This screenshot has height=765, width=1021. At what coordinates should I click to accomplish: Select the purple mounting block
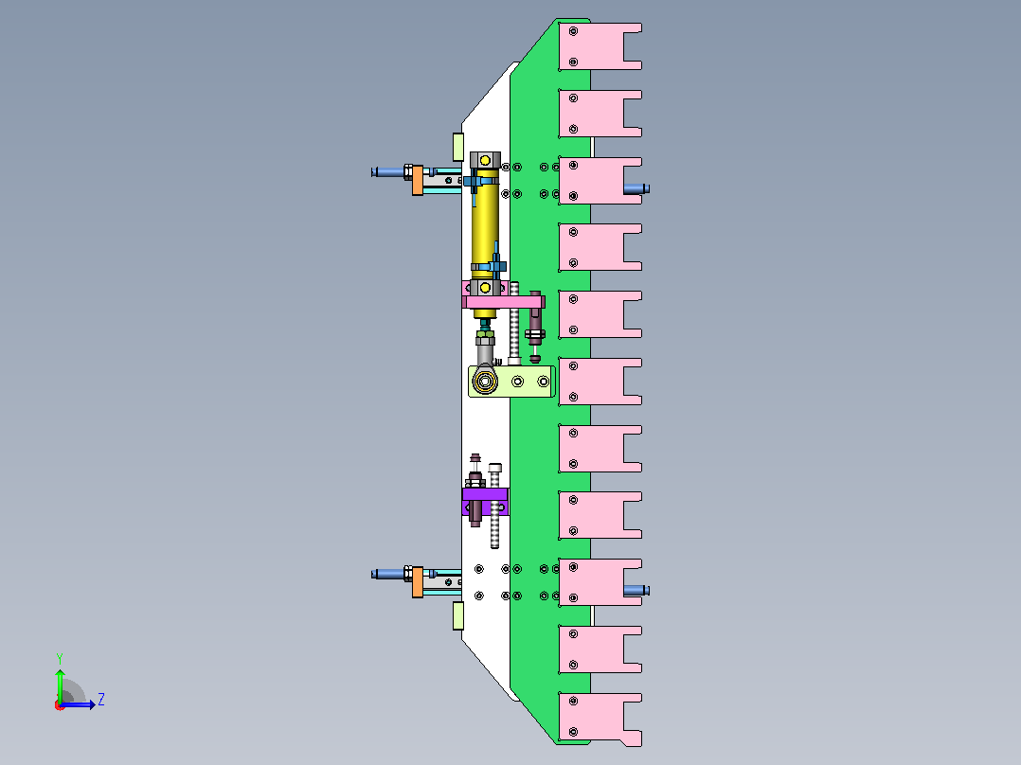coord(485,501)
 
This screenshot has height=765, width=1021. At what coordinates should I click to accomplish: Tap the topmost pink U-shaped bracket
coord(600,46)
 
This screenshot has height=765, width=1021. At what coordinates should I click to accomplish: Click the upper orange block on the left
coord(418,180)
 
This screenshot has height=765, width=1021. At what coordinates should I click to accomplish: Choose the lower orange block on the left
coord(418,581)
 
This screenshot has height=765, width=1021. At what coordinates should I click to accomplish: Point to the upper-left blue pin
coord(388,172)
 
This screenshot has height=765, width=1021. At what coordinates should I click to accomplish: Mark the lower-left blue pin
coord(388,574)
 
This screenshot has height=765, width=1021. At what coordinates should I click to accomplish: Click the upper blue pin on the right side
coord(636,188)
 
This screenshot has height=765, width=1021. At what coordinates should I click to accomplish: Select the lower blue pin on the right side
coord(636,591)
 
